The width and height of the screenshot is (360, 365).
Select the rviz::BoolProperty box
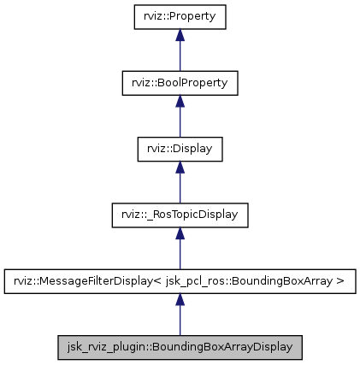click(x=180, y=82)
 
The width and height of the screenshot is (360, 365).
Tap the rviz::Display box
click(x=180, y=148)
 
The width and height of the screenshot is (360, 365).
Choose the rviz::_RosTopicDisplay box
click(x=180, y=215)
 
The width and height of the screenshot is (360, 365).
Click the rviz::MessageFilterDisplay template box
click(x=180, y=280)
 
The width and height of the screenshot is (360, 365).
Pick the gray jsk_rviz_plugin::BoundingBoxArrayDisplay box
click(x=180, y=347)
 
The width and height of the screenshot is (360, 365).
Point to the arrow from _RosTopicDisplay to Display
click(x=180, y=185)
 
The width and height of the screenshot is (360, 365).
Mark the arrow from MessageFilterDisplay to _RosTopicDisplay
click(x=180, y=252)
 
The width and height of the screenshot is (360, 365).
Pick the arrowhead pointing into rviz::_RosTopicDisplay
click(x=180, y=233)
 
